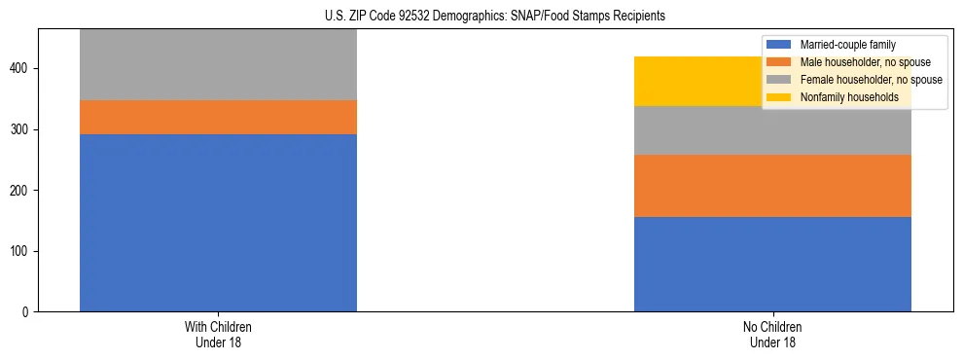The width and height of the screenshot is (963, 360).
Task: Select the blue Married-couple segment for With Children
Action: pyautogui.click(x=218, y=223)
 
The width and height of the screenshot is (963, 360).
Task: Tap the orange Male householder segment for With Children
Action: pyautogui.click(x=218, y=117)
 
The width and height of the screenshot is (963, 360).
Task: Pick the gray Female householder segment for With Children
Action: pyautogui.click(x=218, y=64)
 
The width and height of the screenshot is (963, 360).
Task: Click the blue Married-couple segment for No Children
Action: pyautogui.click(x=772, y=264)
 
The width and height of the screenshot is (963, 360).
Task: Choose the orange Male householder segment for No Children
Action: pyautogui.click(x=772, y=186)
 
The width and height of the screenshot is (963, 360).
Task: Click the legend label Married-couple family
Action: pyautogui.click(x=847, y=45)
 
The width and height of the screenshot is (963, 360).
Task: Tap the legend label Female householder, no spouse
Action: pyautogui.click(x=871, y=80)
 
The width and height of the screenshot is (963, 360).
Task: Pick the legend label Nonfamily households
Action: pyautogui.click(x=849, y=97)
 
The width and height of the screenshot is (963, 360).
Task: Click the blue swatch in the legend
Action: pyautogui.click(x=780, y=45)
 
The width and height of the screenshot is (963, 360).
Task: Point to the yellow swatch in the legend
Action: pyautogui.click(x=780, y=97)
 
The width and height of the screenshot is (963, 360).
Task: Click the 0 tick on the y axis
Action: pyautogui.click(x=26, y=312)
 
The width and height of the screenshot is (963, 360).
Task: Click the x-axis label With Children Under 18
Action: pyautogui.click(x=218, y=335)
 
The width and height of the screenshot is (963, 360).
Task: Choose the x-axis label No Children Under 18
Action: pyautogui.click(x=772, y=335)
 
